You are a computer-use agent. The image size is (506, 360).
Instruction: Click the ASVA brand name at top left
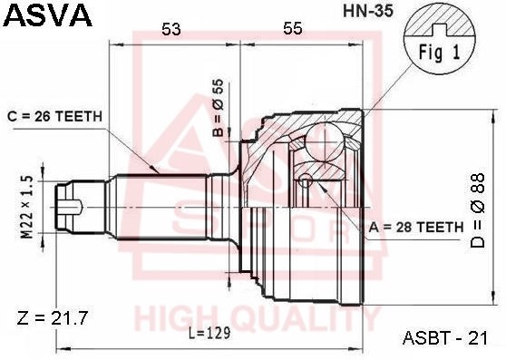click(47, 15)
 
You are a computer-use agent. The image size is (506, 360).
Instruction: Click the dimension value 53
click(170, 29)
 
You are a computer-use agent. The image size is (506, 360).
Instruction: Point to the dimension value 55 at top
click(291, 29)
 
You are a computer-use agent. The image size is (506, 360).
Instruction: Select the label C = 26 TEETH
click(54, 116)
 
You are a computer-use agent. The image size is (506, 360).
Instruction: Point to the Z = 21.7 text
click(51, 318)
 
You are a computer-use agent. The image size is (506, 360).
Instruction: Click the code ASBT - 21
click(444, 338)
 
